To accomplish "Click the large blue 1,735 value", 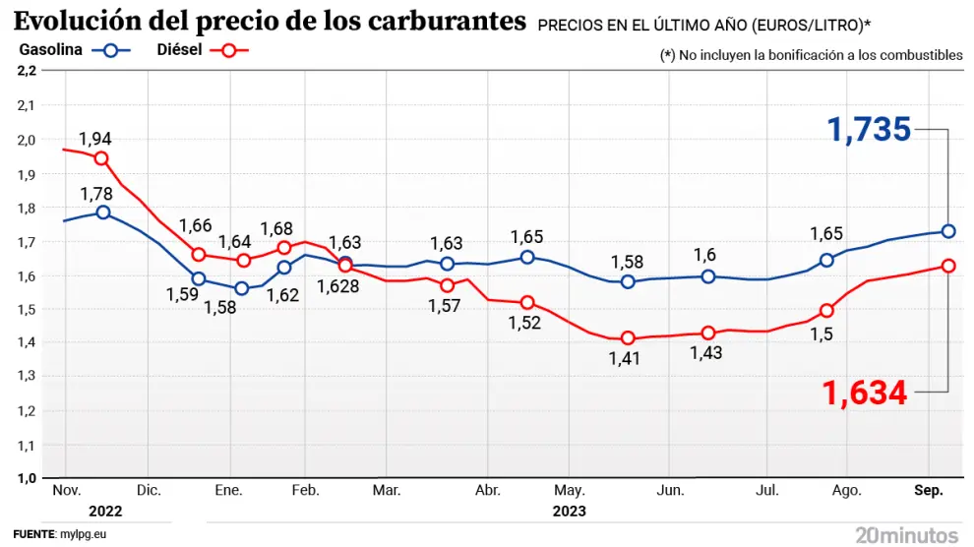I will point(869,130).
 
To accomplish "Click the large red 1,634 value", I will point(865,394).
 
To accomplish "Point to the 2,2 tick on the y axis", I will point(27,71).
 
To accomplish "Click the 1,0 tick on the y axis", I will point(27,478).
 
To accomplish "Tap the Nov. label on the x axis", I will point(65,490).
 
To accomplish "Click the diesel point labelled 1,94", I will point(102,158).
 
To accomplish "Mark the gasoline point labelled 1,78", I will point(102,213).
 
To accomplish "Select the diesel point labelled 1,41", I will point(628,338).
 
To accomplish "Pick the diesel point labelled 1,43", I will point(707,333).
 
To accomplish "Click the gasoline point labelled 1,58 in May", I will point(628,281).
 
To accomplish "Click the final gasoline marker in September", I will point(948,231).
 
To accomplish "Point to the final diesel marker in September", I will point(948,266).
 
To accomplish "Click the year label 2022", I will point(105,512).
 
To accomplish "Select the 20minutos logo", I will point(906,534).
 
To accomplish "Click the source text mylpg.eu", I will point(83,534).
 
